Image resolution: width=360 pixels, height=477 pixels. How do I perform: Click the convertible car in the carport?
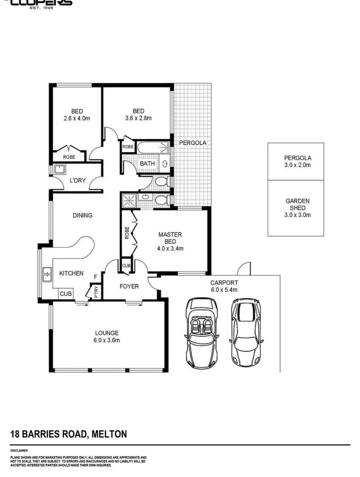click(x=201, y=333)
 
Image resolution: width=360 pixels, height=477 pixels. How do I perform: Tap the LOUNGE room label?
click(x=107, y=333)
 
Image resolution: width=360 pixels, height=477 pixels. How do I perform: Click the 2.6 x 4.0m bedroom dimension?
click(x=77, y=118)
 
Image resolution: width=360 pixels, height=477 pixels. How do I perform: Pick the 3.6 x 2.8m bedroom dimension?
click(x=138, y=118)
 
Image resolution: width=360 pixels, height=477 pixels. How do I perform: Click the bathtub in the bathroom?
click(x=153, y=148)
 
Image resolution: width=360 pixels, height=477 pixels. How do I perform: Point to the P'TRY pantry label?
click(x=96, y=293)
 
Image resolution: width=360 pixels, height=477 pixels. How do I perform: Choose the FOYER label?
click(x=129, y=286)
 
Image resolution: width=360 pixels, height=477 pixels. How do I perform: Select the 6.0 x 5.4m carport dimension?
click(x=224, y=290)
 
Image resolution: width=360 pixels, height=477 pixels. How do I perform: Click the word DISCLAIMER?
click(x=19, y=451)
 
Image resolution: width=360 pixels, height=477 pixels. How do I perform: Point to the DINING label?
click(x=82, y=215)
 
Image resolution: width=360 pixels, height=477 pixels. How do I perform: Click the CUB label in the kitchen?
click(x=65, y=293)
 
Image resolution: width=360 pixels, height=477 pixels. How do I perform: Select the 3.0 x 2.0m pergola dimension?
click(x=297, y=165)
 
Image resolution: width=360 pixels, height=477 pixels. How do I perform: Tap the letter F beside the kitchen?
click(x=95, y=277)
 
